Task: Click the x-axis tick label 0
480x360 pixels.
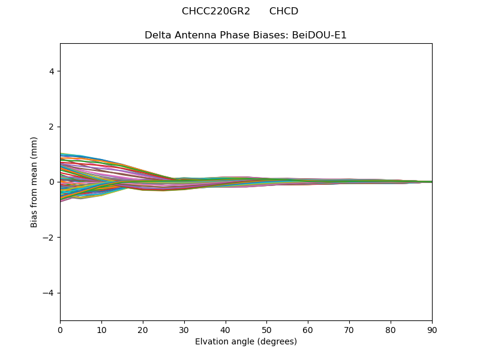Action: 60,329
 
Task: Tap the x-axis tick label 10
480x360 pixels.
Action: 101,329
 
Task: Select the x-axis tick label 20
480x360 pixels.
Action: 143,329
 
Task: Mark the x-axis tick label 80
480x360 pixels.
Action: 391,329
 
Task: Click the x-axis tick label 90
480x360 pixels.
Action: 432,329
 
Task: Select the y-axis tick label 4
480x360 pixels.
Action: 52,71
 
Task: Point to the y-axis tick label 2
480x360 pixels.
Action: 52,127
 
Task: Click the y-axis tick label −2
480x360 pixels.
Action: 49,238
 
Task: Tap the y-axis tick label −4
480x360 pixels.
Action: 49,293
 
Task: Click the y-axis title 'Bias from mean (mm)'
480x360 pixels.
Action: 35,182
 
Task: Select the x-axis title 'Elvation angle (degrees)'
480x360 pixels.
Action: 246,342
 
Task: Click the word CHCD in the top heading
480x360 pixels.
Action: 284,11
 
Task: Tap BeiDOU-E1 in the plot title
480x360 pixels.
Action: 319,35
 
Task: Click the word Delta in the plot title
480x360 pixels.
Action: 157,35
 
